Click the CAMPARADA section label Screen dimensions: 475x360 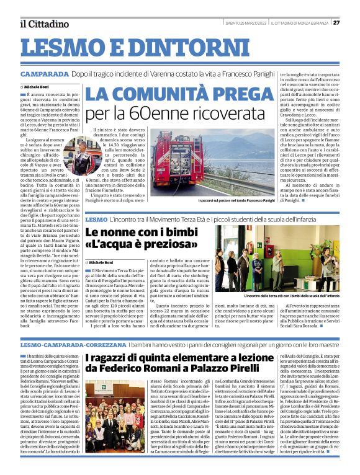point(44,74)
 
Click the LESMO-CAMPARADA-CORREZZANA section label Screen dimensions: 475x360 point(63,344)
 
